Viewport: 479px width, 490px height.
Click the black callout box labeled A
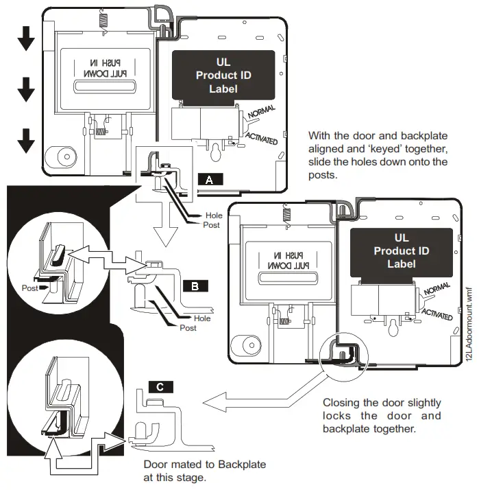click(x=210, y=179)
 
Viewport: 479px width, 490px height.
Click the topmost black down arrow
click(x=26, y=39)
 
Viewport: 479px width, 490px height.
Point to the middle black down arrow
click(x=26, y=89)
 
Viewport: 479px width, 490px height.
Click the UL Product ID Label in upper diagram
click(x=223, y=75)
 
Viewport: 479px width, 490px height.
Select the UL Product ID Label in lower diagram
click(x=401, y=251)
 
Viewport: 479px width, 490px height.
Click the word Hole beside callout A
click(x=214, y=215)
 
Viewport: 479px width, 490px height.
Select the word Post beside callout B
click(x=188, y=328)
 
